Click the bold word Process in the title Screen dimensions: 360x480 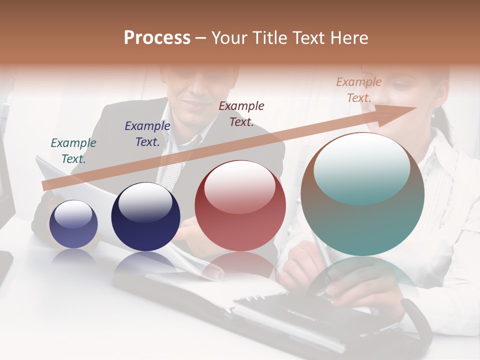tap(157, 37)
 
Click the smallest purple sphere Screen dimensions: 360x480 tap(73, 224)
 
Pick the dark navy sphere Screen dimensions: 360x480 tap(145, 217)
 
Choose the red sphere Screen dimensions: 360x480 tap(240, 206)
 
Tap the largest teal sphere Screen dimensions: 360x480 tap(362, 195)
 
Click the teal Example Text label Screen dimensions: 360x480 tap(73, 151)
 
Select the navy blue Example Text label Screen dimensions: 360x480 tap(147, 134)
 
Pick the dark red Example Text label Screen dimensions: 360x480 tap(241, 113)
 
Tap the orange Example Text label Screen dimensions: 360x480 tap(359, 90)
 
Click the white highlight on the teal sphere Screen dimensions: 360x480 tap(362, 167)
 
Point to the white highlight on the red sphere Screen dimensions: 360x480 tap(240, 186)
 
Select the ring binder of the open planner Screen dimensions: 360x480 tap(250, 299)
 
